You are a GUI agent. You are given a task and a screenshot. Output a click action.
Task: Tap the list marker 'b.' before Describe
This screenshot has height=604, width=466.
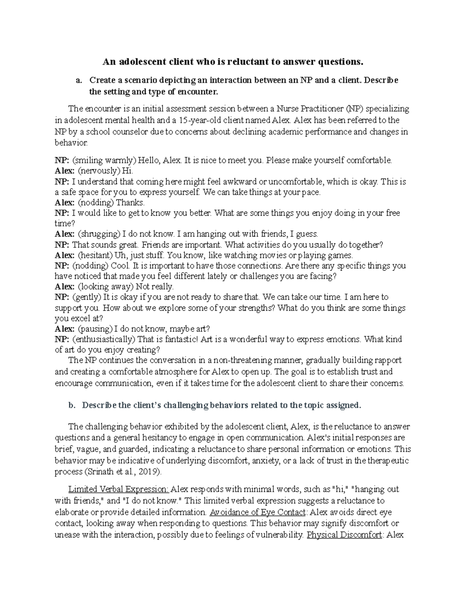(x=71, y=405)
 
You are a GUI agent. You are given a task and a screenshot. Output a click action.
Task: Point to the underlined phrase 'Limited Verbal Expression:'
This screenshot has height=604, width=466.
(x=119, y=489)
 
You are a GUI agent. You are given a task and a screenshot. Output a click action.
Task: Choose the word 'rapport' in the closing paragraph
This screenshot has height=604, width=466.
(x=388, y=360)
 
